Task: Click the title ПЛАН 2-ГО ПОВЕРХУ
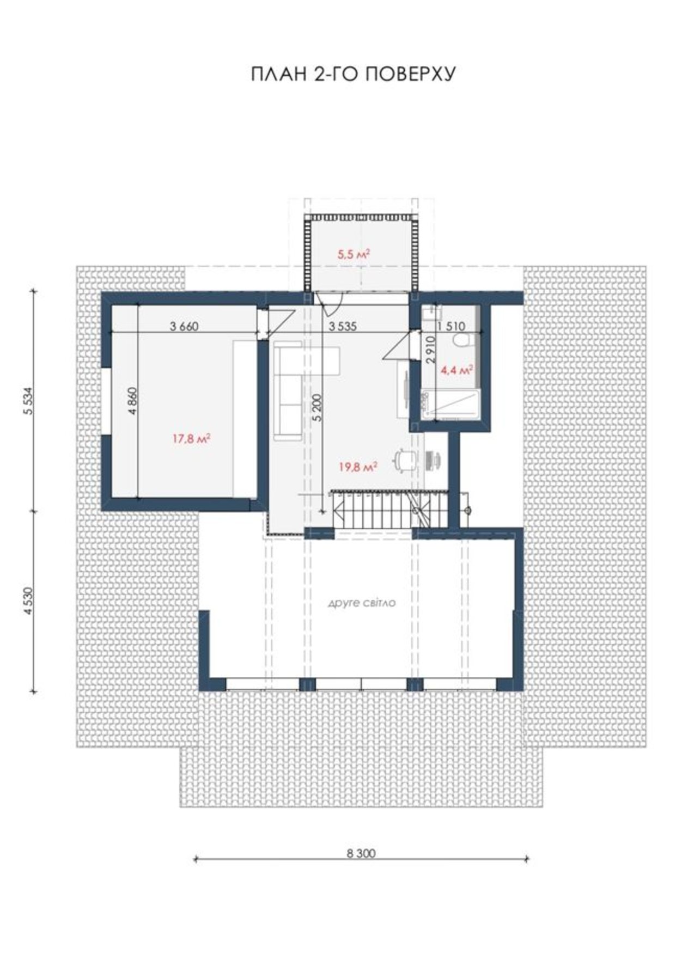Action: (353, 74)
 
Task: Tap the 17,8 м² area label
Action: (192, 438)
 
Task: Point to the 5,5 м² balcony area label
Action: (354, 253)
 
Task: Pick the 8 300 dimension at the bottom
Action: (361, 853)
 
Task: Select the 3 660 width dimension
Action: (184, 327)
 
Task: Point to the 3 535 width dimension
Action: (342, 327)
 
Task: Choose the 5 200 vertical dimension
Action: (319, 407)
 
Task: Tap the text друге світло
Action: (361, 603)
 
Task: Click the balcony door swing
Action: (330, 304)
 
